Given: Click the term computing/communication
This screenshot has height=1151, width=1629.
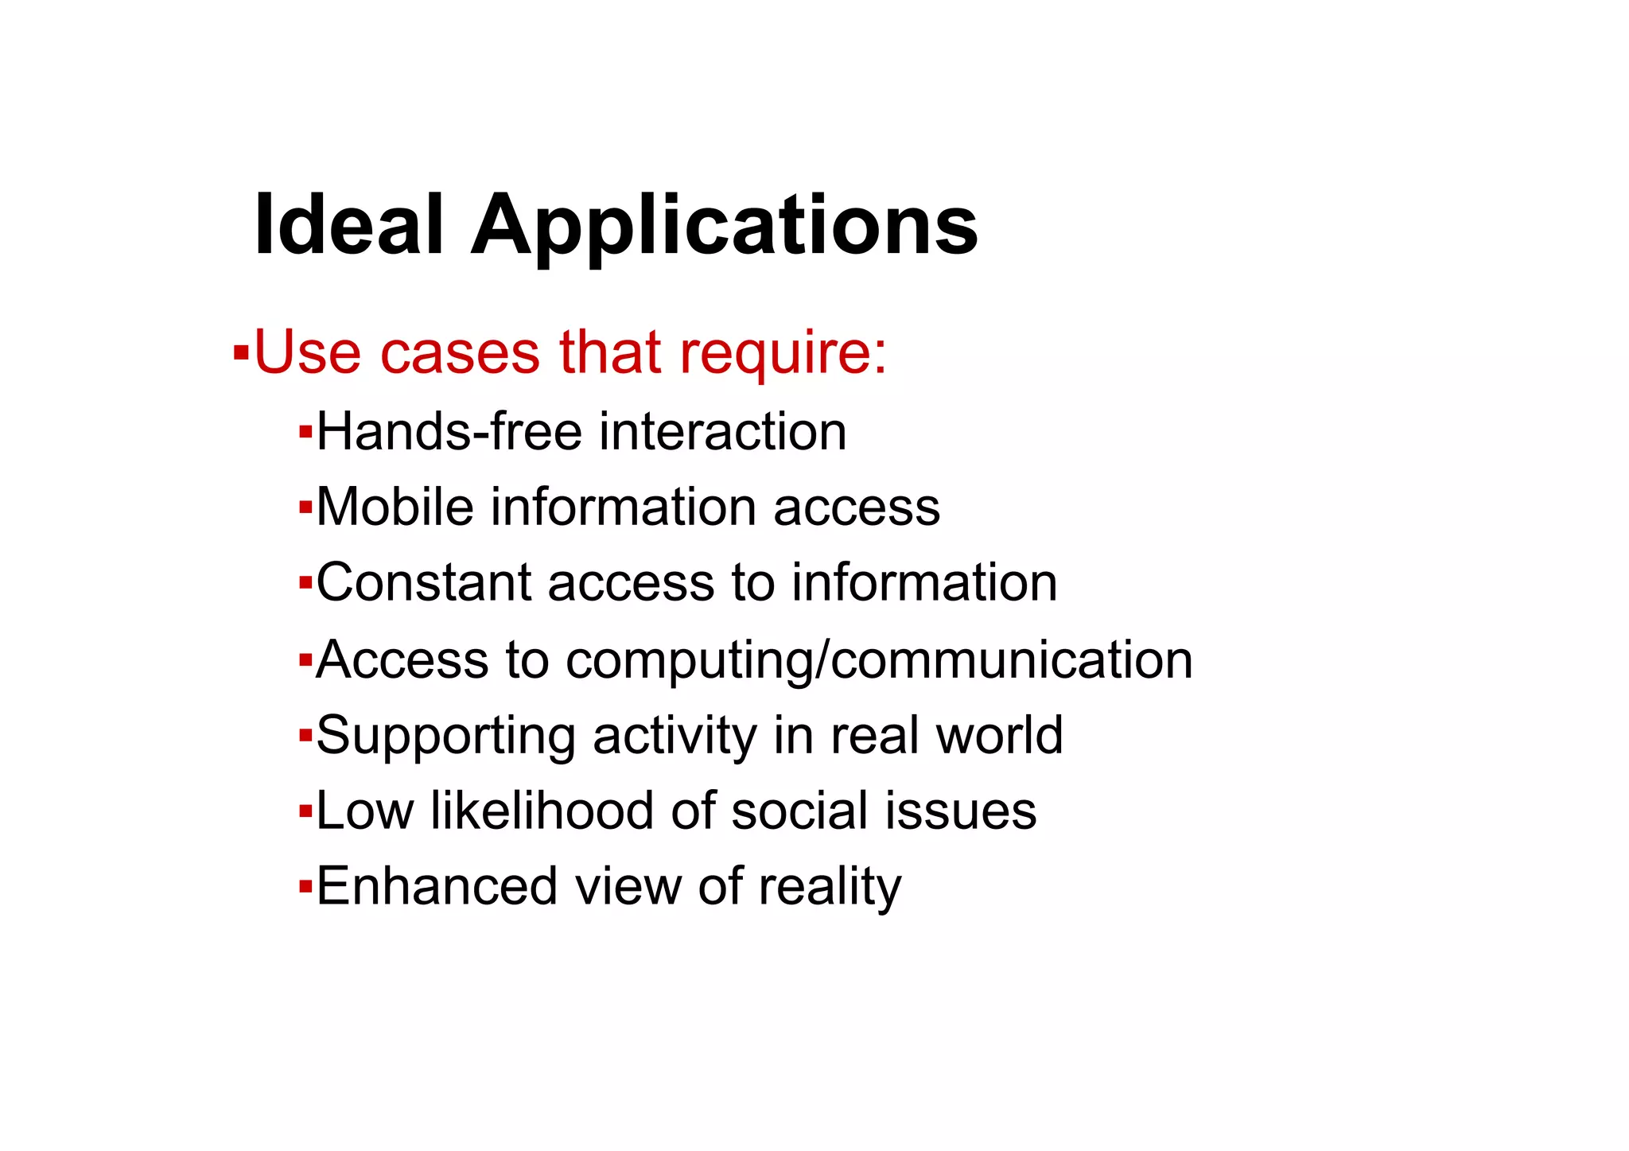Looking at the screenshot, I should click(x=879, y=660).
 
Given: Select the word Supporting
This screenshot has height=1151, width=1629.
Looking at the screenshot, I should click(x=445, y=736).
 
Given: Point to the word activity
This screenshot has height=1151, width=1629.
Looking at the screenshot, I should click(x=675, y=736).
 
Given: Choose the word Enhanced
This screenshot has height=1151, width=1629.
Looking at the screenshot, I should click(x=437, y=886).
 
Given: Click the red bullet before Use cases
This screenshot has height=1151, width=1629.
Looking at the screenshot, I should click(x=241, y=351).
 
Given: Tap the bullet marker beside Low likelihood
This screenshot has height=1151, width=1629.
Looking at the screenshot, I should click(x=305, y=812).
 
